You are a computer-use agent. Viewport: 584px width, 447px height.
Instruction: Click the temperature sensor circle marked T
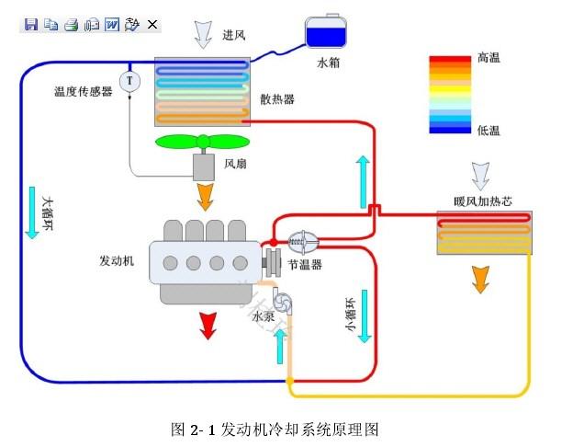[129, 81]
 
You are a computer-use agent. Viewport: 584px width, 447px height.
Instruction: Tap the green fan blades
[202, 142]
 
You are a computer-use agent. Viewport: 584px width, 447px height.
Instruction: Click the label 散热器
[276, 99]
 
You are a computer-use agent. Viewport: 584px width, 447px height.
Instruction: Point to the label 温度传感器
[83, 92]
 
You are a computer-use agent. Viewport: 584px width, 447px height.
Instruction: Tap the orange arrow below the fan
[205, 195]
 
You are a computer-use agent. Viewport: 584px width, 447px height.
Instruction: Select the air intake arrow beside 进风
[202, 33]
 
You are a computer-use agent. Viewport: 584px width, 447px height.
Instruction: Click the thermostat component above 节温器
[303, 242]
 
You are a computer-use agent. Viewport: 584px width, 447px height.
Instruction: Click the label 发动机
[117, 260]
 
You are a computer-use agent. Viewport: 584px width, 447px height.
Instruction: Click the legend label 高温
[489, 59]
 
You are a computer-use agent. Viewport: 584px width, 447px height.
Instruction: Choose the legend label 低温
[489, 131]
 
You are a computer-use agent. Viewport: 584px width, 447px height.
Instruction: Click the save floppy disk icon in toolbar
[30, 24]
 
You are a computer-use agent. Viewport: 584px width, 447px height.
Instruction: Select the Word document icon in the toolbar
[112, 24]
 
